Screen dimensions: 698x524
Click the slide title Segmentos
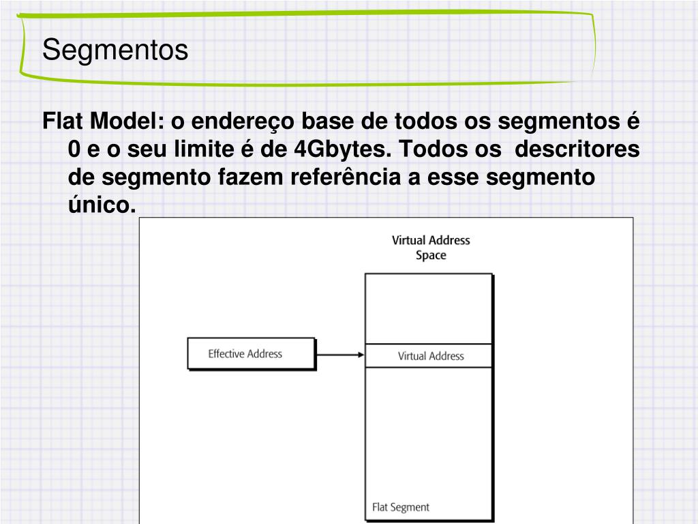pyautogui.click(x=115, y=50)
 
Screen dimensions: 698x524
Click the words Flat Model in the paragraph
pyautogui.click(x=100, y=122)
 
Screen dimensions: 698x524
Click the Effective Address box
pyautogui.click(x=252, y=354)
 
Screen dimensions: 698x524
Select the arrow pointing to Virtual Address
pyautogui.click(x=340, y=355)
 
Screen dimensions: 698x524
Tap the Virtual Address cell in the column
pyautogui.click(x=430, y=356)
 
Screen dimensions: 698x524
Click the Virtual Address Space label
pyautogui.click(x=431, y=248)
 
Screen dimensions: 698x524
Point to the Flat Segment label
pyautogui.click(x=401, y=507)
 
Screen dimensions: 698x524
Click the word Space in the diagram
pyautogui.click(x=431, y=256)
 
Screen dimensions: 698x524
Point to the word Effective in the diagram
pyautogui.click(x=226, y=353)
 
